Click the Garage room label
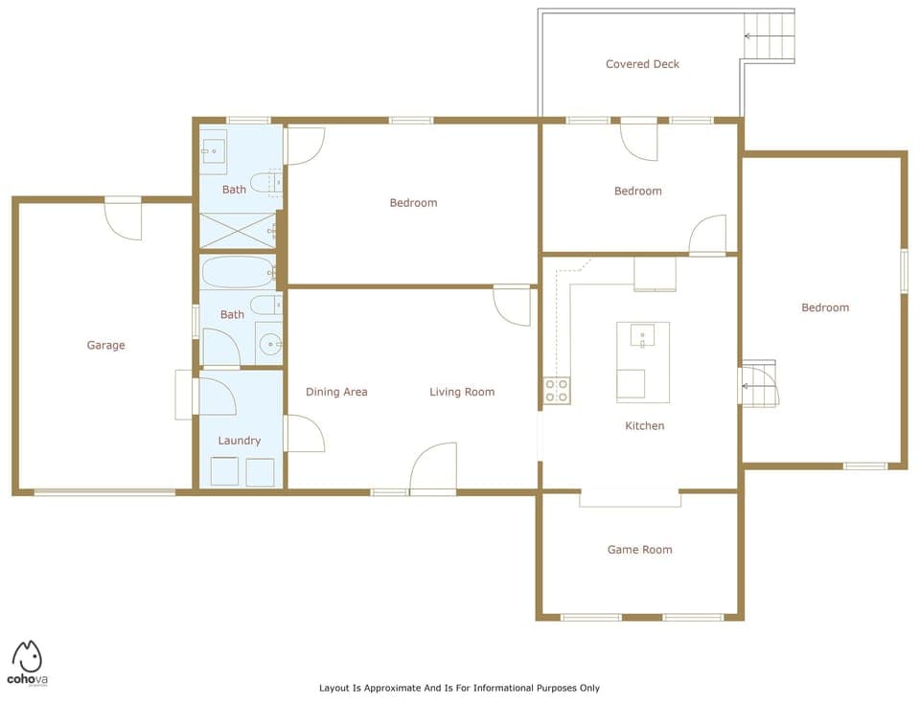coord(105,346)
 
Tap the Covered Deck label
coord(642,64)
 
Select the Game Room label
coord(639,550)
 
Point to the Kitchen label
coord(644,425)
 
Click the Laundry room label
coord(239,441)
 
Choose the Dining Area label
coord(336,392)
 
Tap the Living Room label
coord(461,392)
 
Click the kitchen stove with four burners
coord(557,390)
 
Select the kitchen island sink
coord(642,335)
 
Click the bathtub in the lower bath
coord(238,272)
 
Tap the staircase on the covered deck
coord(770,35)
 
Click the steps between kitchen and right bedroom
coord(759,386)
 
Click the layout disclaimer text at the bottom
coord(459,688)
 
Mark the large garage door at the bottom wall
coord(104,492)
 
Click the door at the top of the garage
coord(124,216)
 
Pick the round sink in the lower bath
coord(269,342)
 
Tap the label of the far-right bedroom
coord(825,307)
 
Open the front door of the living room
coord(433,469)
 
